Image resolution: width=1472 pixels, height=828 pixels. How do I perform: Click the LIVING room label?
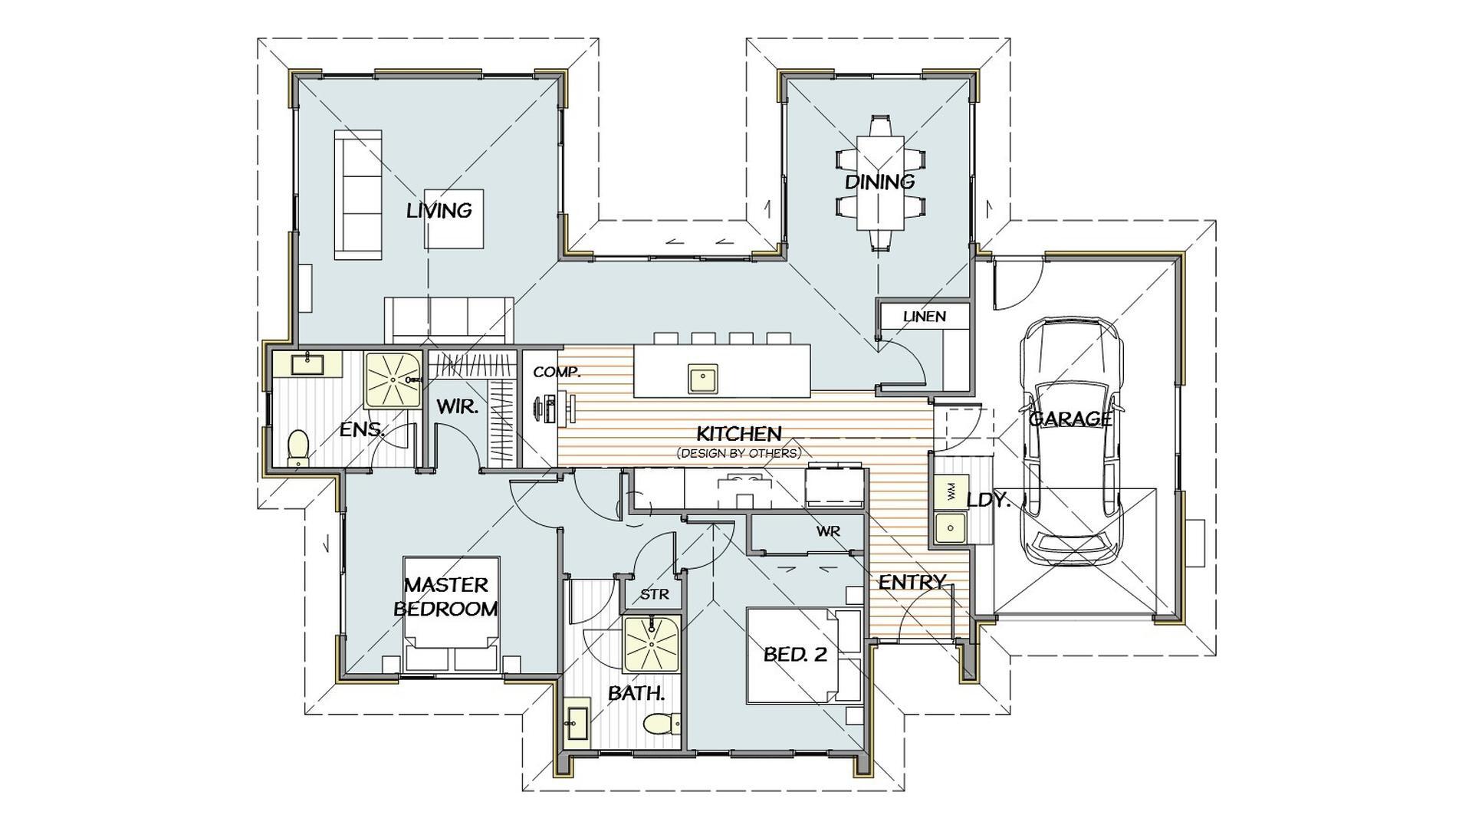[439, 210]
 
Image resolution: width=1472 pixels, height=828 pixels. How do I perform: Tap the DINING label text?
[879, 182]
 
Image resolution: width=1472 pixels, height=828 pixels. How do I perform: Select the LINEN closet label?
[924, 316]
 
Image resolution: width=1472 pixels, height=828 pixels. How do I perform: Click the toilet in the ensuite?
[297, 448]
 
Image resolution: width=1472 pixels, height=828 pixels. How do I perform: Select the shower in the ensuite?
[393, 379]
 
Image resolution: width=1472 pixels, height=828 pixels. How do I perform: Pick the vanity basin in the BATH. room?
[577, 722]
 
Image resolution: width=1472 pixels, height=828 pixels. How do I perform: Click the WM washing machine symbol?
[951, 492]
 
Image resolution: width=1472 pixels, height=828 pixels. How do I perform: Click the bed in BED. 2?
[804, 655]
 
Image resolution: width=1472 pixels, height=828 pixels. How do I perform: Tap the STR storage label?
[654, 594]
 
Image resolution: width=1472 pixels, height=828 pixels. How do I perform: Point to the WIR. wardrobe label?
[457, 406]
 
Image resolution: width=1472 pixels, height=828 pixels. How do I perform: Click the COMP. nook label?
[557, 372]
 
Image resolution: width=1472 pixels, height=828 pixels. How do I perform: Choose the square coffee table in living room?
[454, 219]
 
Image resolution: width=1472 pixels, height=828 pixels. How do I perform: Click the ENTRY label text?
[912, 582]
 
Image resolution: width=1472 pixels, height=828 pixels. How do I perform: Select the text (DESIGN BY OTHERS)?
[738, 453]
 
